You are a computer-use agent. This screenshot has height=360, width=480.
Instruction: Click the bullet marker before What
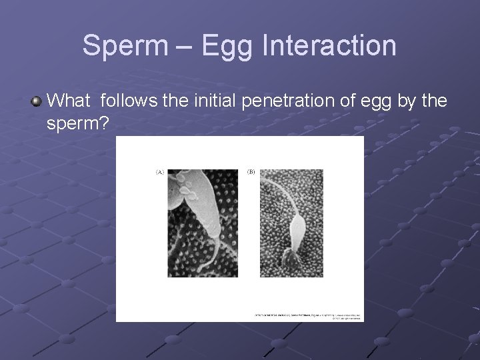pyautogui.click(x=36, y=101)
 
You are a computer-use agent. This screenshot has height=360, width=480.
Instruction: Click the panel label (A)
pyautogui.click(x=160, y=172)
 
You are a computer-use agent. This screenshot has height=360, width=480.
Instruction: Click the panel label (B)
pyautogui.click(x=251, y=172)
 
